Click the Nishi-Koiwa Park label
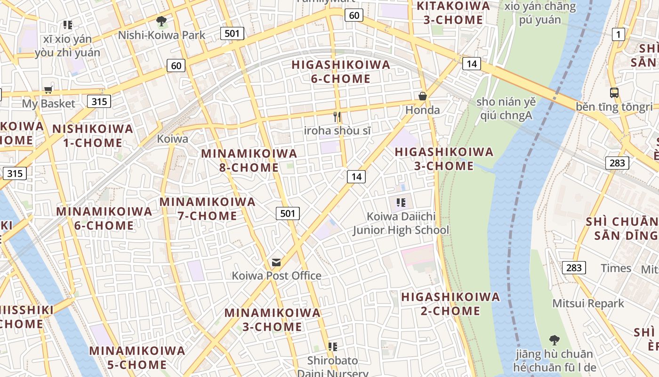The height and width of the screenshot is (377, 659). tap(161, 35)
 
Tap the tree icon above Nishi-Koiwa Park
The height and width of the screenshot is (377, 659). tap(161, 21)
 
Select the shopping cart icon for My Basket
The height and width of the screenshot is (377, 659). tap(48, 90)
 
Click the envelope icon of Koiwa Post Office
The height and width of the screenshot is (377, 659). tap(276, 262)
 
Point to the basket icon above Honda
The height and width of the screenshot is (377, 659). tap(423, 96)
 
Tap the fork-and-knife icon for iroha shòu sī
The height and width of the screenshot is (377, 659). tap(337, 116)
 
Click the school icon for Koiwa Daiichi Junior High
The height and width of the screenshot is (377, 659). tap(401, 203)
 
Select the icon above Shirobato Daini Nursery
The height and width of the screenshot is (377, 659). tap(333, 347)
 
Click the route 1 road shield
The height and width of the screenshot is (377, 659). tap(618, 34)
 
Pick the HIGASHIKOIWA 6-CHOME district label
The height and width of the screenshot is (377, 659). tap(341, 72)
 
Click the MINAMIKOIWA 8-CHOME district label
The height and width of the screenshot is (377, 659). tap(249, 160)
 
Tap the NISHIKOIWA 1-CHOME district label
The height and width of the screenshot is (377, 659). tap(93, 136)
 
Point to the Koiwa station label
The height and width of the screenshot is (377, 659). tap(172, 139)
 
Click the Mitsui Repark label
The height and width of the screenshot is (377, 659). tap(588, 303)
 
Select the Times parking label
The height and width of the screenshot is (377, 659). tap(616, 268)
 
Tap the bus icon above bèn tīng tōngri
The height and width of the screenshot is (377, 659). tap(614, 93)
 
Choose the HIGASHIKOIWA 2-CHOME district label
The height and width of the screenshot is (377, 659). tap(450, 304)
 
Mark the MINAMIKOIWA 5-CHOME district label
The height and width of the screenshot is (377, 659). tap(137, 358)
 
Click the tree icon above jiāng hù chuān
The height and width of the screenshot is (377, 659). tap(555, 340)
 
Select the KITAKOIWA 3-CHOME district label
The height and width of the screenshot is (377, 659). tap(453, 13)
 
